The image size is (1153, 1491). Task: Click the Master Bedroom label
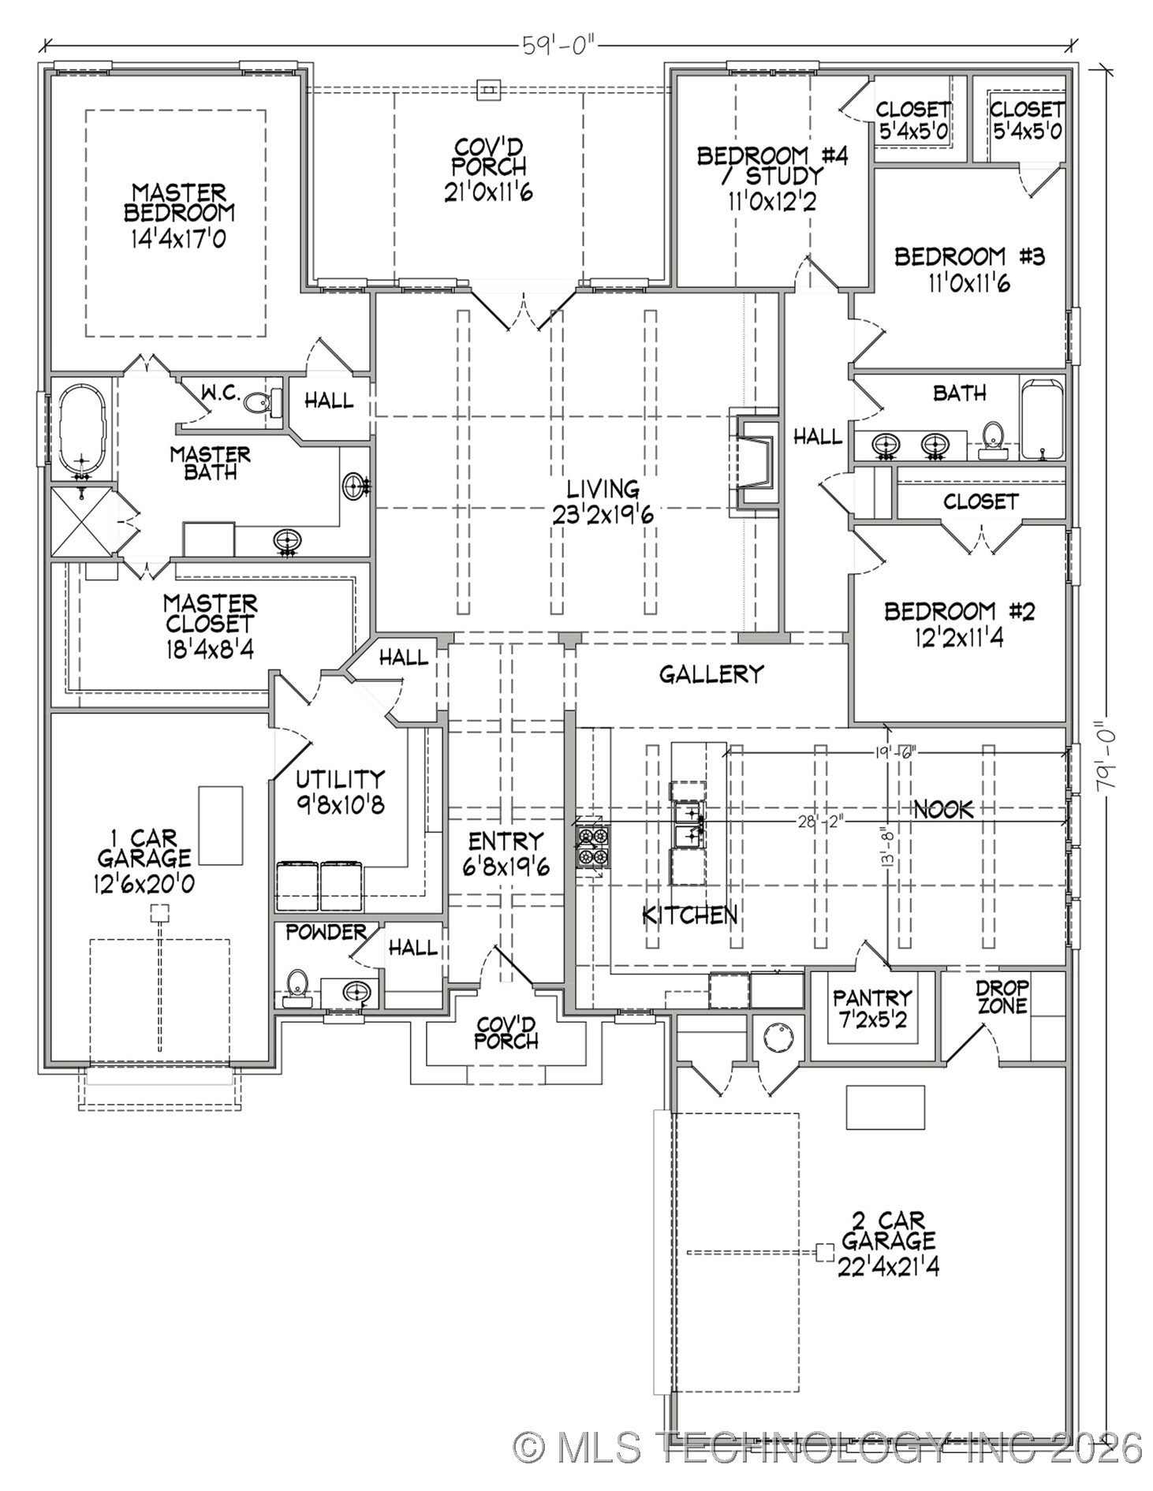[179, 203]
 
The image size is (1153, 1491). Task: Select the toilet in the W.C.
[258, 402]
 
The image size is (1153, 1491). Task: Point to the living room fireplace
[752, 463]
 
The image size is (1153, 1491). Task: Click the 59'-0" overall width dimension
[557, 45]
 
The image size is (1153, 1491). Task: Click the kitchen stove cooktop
[592, 846]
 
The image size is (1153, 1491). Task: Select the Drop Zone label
[1002, 997]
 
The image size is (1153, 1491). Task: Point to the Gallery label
[711, 673]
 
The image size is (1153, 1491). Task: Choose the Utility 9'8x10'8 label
[340, 792]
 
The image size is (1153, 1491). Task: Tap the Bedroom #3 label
[968, 257]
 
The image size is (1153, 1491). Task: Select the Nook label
[943, 808]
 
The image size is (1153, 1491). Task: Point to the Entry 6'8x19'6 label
[506, 853]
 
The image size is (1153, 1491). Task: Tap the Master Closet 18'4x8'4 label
[210, 625]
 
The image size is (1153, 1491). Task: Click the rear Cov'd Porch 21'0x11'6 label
[488, 169]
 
